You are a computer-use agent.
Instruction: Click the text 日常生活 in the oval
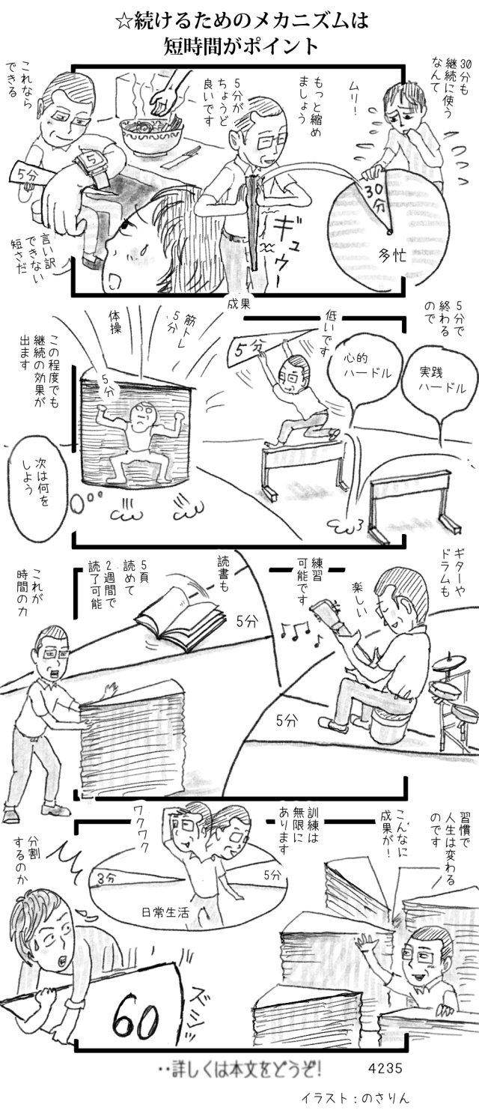165,912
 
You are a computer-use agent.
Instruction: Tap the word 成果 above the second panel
238,304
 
